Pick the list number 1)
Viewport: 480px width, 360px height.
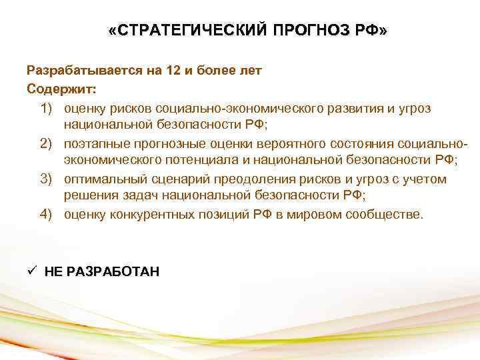(x=48, y=107)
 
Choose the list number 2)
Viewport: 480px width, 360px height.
(x=48, y=143)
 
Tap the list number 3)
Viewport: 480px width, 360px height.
(x=48, y=179)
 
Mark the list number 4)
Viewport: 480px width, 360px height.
(x=48, y=215)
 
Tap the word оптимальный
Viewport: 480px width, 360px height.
(x=102, y=179)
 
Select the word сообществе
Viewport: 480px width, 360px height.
(x=387, y=215)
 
